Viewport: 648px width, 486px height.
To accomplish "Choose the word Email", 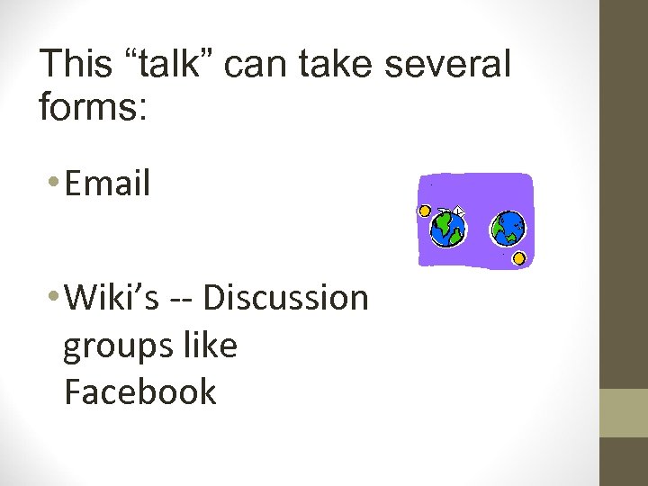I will coord(107,184).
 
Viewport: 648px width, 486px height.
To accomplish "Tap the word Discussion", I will coord(286,297).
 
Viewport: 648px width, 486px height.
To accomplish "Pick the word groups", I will coord(111,346).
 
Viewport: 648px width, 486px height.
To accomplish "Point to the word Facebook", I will coord(140,391).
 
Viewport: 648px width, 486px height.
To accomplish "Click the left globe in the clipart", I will coord(447,229).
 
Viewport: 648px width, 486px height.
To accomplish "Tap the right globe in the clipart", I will coord(508,229).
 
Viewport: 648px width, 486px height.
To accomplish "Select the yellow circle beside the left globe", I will coord(425,211).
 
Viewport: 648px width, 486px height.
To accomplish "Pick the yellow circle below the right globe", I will coord(519,259).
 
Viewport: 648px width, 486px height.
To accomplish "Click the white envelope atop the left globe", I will coord(458,211).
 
